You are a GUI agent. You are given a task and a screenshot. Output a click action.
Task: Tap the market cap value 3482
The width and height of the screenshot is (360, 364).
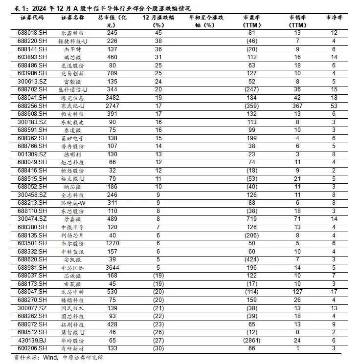point(112,97)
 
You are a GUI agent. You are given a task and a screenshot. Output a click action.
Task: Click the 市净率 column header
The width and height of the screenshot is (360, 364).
point(334,17)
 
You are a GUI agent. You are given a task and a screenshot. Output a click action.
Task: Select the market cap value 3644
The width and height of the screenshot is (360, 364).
point(112,267)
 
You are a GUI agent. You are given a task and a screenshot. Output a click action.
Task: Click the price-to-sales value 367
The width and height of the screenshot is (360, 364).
point(297,105)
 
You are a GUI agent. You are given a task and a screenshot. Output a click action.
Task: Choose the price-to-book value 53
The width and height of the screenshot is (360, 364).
point(334,105)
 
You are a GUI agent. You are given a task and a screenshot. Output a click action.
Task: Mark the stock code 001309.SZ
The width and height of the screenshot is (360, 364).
point(32,153)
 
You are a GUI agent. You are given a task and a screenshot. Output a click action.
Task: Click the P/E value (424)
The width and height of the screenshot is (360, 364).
point(251,259)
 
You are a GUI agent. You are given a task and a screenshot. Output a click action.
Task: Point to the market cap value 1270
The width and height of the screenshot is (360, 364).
point(112,243)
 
